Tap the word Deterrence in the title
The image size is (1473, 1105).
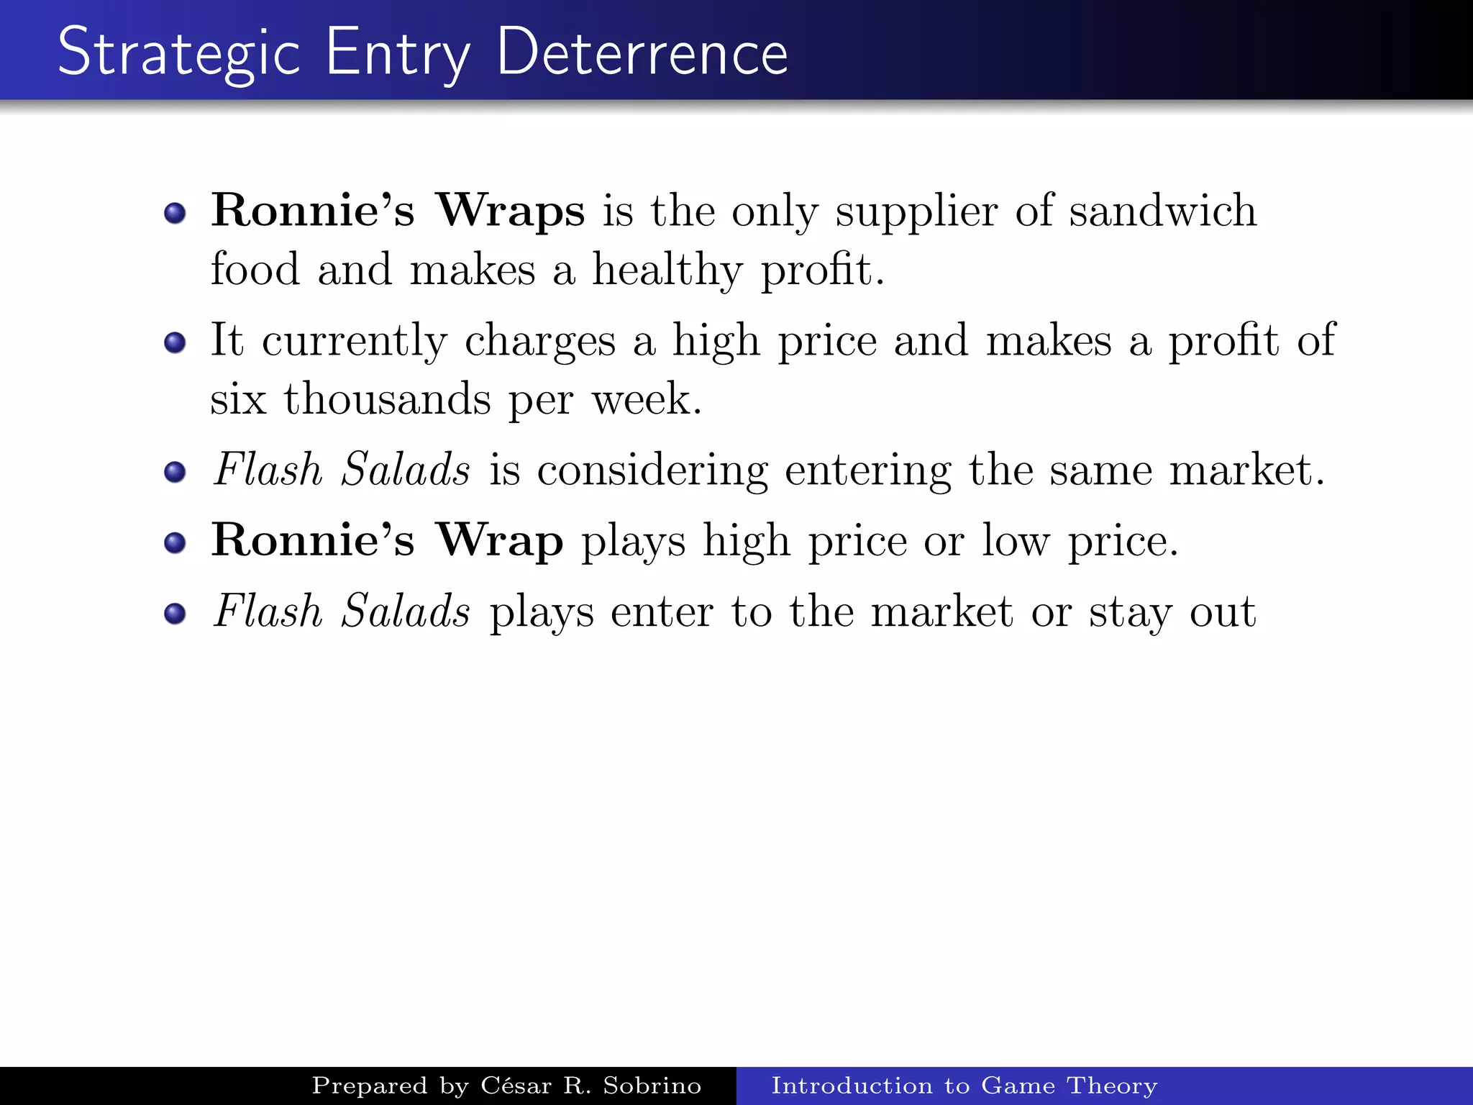(x=642, y=52)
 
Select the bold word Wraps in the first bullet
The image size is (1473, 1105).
(x=511, y=211)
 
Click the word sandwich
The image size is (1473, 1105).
(x=1162, y=211)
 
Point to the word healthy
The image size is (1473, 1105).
(x=667, y=270)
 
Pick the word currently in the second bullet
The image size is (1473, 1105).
(x=354, y=341)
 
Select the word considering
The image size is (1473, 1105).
(x=652, y=470)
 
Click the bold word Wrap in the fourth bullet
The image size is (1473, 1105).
(x=500, y=540)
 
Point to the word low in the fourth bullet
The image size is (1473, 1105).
(x=1016, y=540)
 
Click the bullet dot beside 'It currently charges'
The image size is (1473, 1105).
(x=175, y=342)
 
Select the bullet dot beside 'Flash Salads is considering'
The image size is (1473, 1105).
(x=175, y=472)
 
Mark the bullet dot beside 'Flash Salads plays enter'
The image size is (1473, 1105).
(x=175, y=614)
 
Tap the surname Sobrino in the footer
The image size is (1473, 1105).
(x=652, y=1085)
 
